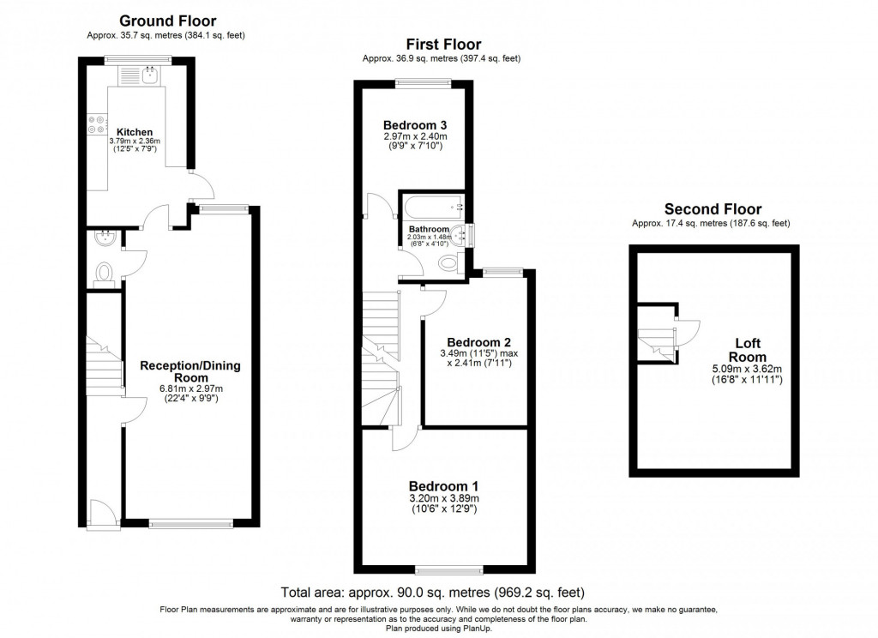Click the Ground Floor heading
[167, 21]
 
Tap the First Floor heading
[443, 45]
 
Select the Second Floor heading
[713, 209]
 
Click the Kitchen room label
[135, 132]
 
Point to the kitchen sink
[149, 75]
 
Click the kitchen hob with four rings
[96, 124]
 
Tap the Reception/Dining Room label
[190, 371]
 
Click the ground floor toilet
[104, 274]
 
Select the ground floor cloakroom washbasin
[105, 238]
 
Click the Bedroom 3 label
[415, 125]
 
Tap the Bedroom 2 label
[478, 342]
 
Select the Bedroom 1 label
[443, 486]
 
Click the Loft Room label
[748, 350]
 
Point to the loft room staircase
[658, 344]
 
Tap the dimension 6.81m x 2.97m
[191, 388]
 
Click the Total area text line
[432, 592]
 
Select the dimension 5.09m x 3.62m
[747, 369]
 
